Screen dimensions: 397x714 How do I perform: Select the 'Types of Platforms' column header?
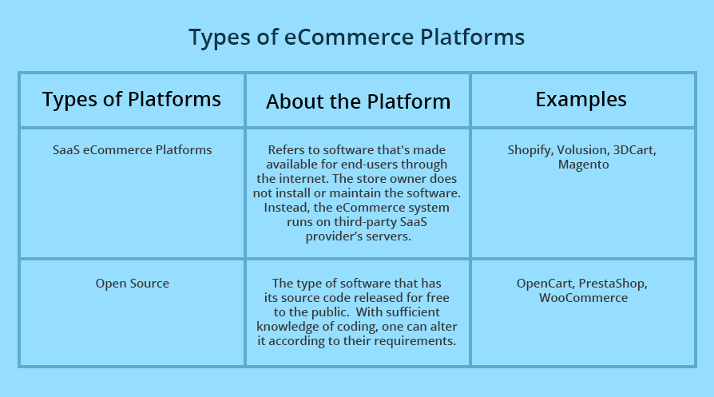click(132, 99)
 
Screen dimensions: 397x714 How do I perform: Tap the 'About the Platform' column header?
click(358, 101)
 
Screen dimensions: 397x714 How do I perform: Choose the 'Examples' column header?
click(581, 99)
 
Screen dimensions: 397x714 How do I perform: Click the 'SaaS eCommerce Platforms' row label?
click(132, 149)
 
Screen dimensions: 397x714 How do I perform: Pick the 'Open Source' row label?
click(132, 283)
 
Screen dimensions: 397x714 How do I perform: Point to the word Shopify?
click(530, 150)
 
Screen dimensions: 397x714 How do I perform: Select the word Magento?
click(583, 165)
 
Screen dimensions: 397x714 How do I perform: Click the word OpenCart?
click(545, 283)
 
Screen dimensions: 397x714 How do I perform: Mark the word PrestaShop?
click(613, 283)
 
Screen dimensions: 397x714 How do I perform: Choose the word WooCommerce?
click(583, 297)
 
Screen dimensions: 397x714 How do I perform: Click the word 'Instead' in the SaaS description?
click(286, 207)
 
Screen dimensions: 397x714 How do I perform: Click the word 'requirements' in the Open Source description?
click(415, 340)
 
